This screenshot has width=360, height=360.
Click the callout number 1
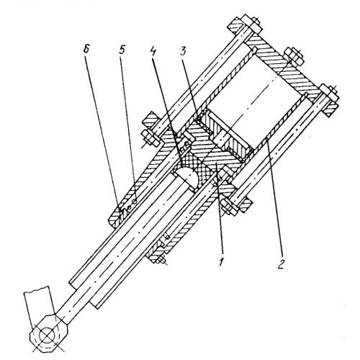[222, 259]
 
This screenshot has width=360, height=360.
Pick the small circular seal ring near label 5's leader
[135, 201]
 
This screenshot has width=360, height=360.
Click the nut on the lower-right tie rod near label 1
[228, 207]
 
